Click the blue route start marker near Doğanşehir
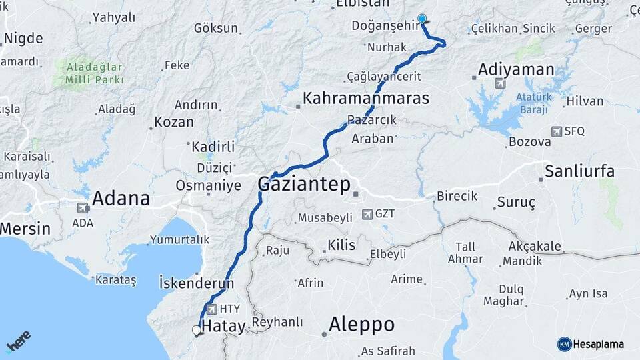coord(421,19)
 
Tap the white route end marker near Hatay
coord(197,330)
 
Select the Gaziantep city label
coord(304,185)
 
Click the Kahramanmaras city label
coord(366,99)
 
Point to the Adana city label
coord(121,199)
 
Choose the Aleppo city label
coord(361,325)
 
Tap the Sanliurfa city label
coord(579,171)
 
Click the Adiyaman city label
coord(517,69)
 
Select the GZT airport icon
coord(367,215)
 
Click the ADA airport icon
coord(83,208)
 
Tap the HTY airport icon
coord(212,309)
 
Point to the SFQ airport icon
coord(557,132)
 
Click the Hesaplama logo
coord(591,344)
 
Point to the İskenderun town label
coord(197,283)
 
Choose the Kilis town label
coord(341,245)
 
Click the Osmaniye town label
coord(208,185)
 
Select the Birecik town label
coord(457,196)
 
